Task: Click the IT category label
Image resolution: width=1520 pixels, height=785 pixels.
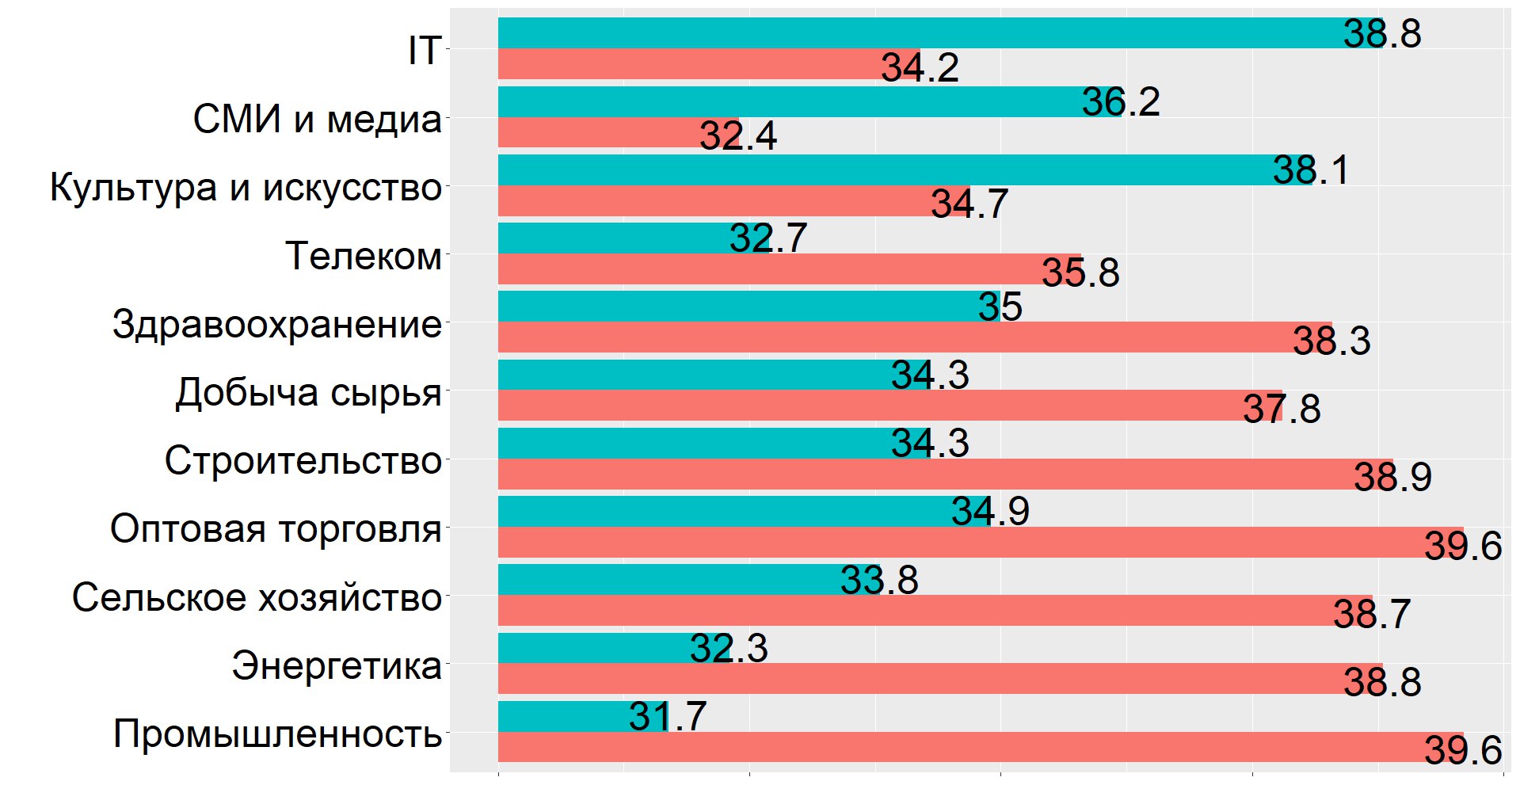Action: [x=424, y=51]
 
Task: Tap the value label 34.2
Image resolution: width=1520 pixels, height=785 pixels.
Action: [x=920, y=68]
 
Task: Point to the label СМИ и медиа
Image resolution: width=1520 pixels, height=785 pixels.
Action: [x=317, y=120]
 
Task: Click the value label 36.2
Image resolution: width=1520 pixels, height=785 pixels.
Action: [x=1121, y=102]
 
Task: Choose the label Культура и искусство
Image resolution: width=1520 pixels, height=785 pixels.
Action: [x=246, y=188]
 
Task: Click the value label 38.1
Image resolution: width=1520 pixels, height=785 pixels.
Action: [x=1310, y=170]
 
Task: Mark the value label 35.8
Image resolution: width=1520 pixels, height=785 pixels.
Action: [x=1080, y=273]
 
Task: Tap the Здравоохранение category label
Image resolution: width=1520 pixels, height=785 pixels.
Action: [x=276, y=324]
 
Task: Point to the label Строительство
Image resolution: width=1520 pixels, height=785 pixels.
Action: [x=303, y=460]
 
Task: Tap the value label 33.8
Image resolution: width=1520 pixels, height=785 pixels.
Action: [x=879, y=580]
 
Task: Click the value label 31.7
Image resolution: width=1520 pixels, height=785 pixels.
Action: [x=667, y=717]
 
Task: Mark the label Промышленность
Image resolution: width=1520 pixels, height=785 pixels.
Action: [x=277, y=734]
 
